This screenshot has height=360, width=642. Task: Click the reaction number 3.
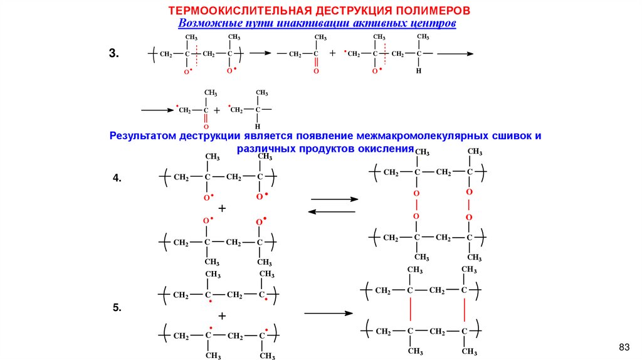(113, 54)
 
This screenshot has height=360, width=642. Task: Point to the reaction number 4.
(117, 179)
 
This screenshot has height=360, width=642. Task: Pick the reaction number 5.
(117, 308)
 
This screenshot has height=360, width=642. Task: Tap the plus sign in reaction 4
(221, 208)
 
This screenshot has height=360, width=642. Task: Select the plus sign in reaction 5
(221, 315)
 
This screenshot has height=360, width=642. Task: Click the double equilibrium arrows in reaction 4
(333, 206)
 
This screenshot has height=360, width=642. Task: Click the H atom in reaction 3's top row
(419, 71)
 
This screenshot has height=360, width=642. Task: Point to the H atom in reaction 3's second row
(257, 126)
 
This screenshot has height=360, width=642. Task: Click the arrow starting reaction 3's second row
(157, 110)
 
